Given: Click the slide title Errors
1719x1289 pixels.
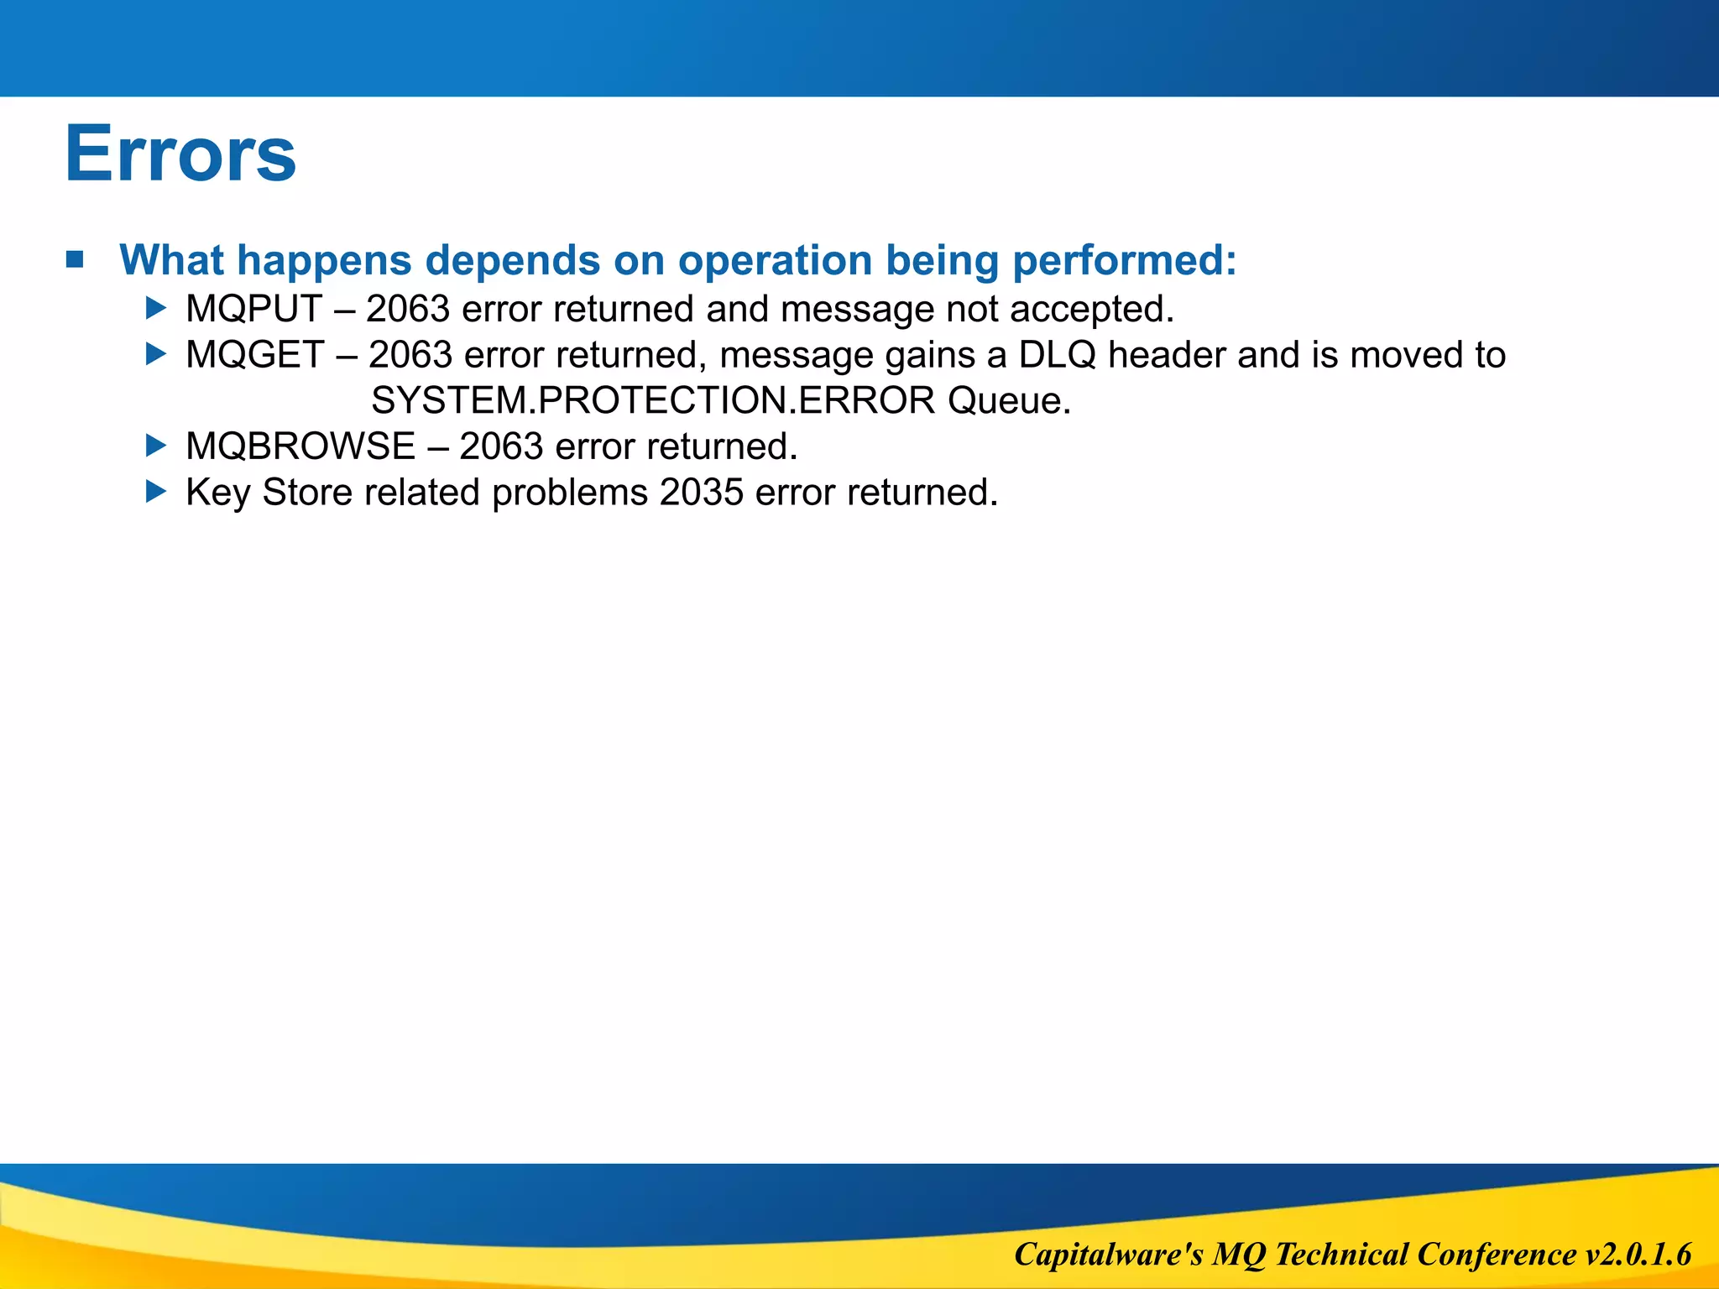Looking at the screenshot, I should [180, 154].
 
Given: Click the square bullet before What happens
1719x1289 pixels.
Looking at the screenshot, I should [76, 259].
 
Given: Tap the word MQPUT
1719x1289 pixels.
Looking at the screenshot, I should [253, 309].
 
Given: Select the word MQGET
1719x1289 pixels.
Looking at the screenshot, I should [254, 355].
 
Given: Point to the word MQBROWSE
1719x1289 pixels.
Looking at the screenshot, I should [300, 446].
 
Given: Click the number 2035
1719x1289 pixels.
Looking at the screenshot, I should [702, 493].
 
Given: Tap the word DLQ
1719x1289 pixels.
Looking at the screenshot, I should [1057, 355].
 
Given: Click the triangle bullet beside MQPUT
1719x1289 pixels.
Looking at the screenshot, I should [156, 308].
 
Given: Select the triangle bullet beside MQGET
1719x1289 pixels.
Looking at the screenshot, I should [156, 354].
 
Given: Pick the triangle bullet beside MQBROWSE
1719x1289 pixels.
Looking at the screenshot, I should [156, 446].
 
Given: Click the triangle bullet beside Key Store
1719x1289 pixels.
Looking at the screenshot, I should [156, 492].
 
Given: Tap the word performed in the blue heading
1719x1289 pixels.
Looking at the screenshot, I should [1124, 261].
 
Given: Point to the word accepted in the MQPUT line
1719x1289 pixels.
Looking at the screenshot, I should [1091, 310].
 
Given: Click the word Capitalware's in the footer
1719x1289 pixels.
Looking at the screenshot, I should [1108, 1255].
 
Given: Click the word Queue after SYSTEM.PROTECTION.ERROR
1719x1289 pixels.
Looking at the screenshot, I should [1009, 401].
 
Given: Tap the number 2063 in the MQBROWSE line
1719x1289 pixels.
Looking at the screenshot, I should [501, 446].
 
